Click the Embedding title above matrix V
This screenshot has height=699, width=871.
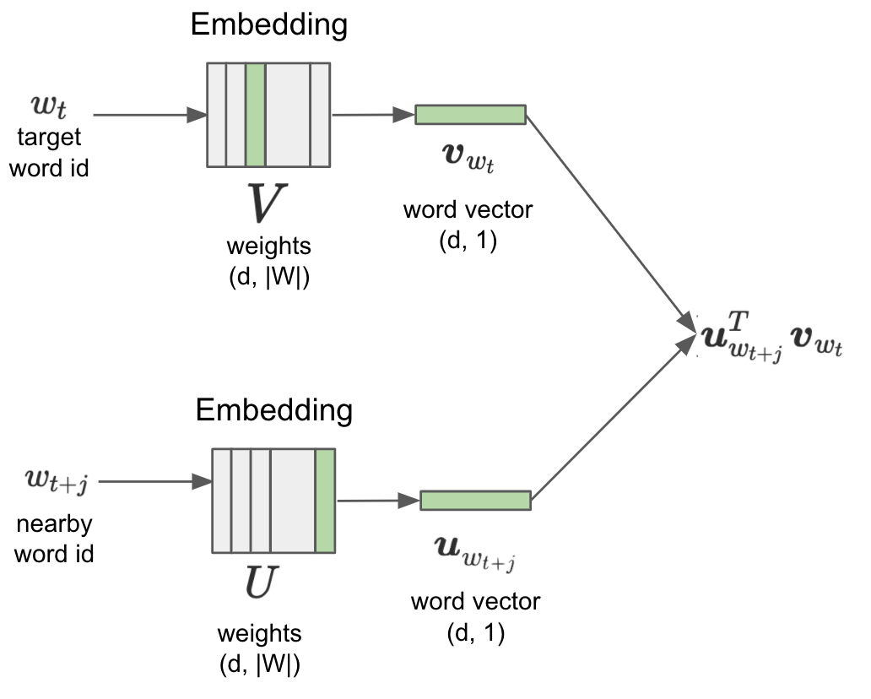269,25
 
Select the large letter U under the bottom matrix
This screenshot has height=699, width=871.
259,583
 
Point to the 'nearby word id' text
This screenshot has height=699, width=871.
55,539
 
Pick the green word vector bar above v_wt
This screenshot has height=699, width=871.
470,115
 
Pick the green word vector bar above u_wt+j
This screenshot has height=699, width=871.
475,501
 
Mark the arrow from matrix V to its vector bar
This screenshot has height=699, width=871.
372,114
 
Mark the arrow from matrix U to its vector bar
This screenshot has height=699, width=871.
377,501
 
